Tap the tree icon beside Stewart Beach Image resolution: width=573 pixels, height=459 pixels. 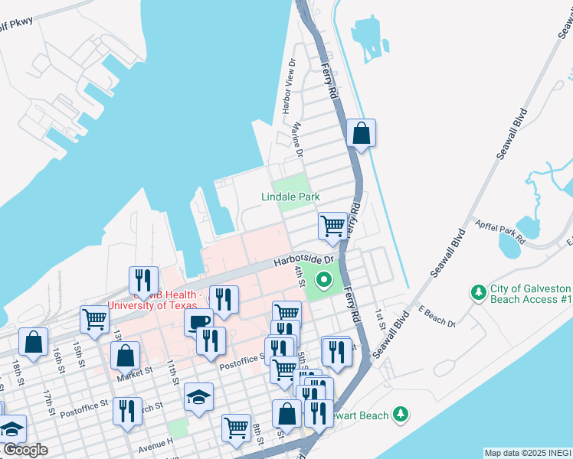point(399,414)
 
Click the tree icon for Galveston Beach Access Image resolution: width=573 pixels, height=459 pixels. point(479,292)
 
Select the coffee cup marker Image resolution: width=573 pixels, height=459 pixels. point(198,321)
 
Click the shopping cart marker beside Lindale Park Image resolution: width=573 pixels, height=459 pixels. point(332,225)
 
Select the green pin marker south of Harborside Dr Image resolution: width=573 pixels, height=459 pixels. point(323,279)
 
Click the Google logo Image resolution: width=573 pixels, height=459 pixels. point(25,450)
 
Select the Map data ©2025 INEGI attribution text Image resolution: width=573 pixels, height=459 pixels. point(528,453)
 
